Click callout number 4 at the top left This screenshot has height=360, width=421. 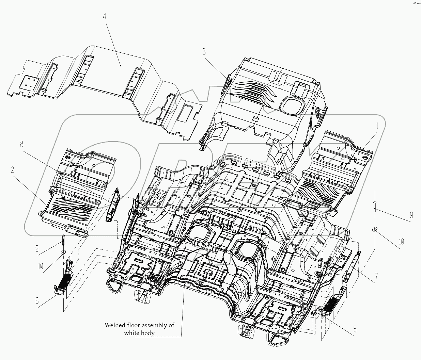(x=105, y=16)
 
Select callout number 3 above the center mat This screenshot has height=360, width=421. (x=204, y=52)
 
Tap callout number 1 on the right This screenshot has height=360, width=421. (x=377, y=126)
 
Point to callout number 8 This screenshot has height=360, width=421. (x=22, y=144)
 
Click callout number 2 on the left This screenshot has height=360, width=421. (x=13, y=170)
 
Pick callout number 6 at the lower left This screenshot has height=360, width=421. (x=37, y=301)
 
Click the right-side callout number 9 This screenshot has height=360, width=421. (x=411, y=215)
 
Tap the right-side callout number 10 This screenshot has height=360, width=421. (x=401, y=242)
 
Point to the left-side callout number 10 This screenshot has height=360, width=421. (x=40, y=266)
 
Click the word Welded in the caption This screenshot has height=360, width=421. (x=115, y=325)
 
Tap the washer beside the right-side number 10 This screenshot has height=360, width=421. (x=375, y=229)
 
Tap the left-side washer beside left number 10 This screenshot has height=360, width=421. (x=64, y=252)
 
